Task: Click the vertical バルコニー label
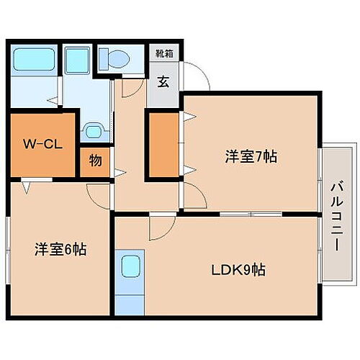(336, 215)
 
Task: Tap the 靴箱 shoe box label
(164, 53)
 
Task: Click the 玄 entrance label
(163, 81)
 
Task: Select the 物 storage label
(95, 161)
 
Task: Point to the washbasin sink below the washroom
(91, 130)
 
